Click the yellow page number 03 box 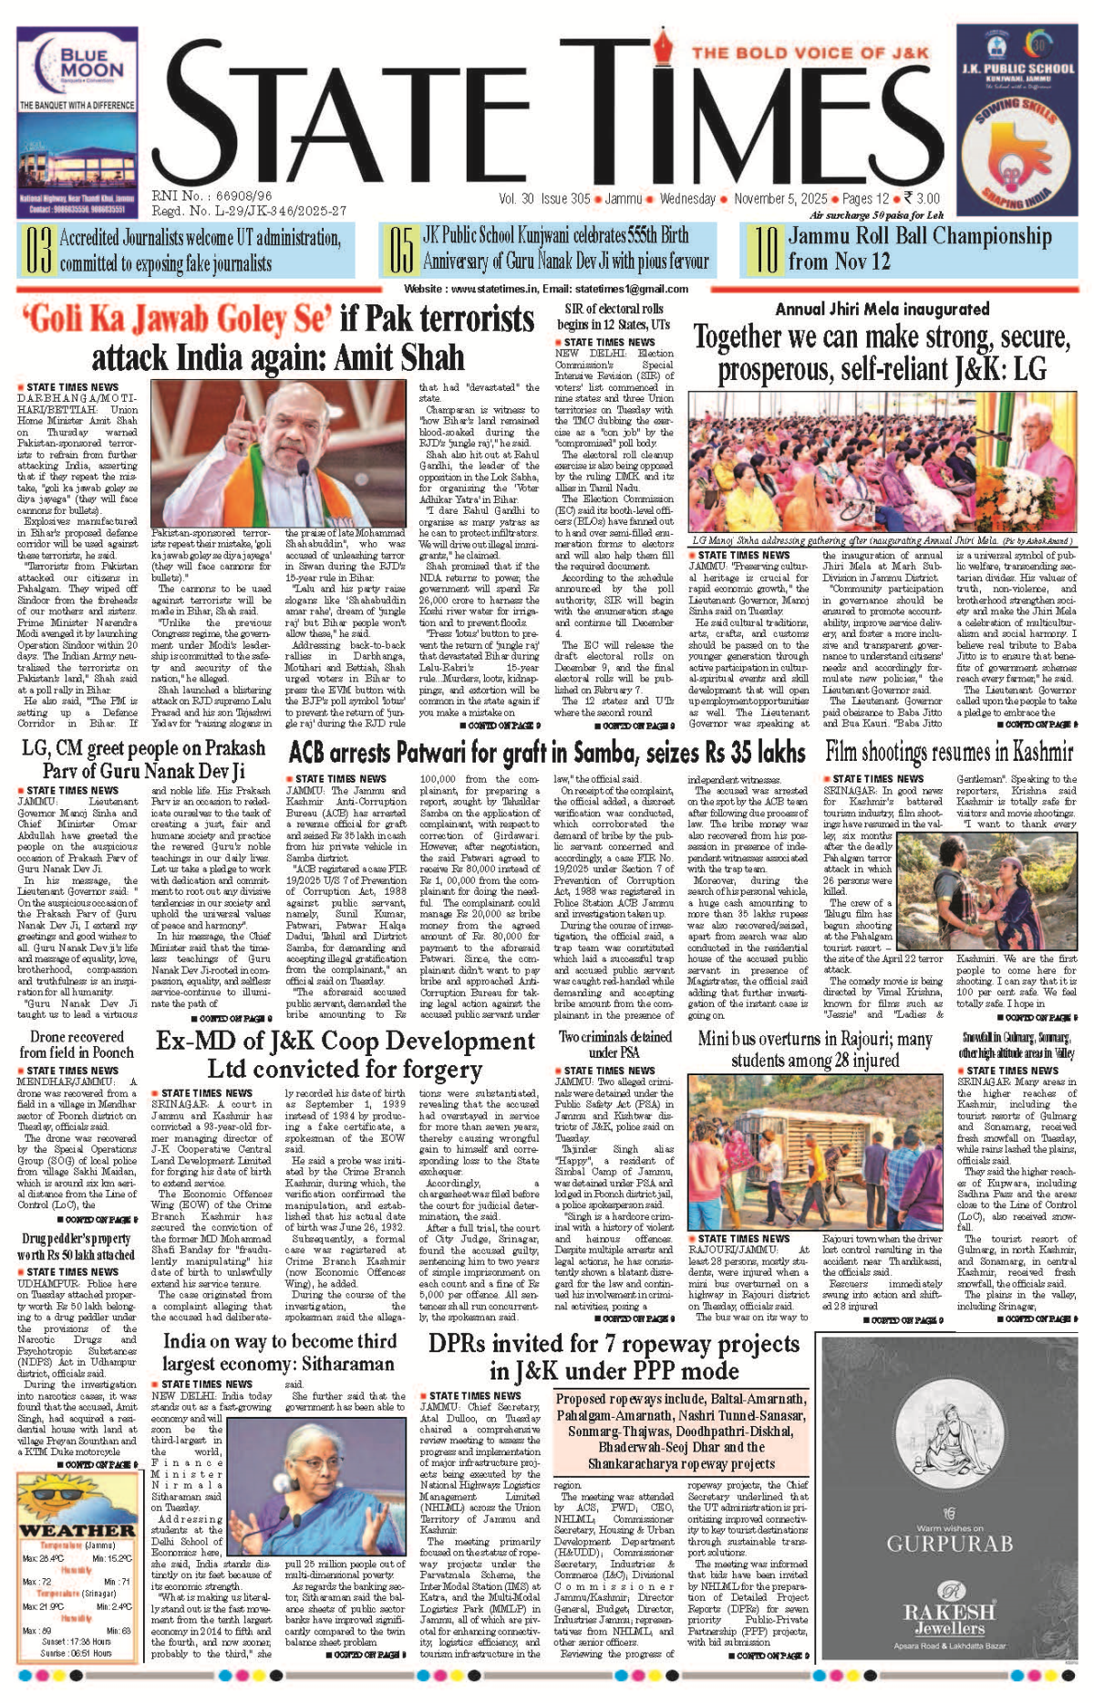pyautogui.click(x=37, y=251)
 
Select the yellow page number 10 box pyautogui.click(x=766, y=251)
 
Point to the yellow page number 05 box pyautogui.click(x=401, y=251)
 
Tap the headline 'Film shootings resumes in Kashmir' pyautogui.click(x=949, y=753)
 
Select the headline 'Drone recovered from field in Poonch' pyautogui.click(x=77, y=1044)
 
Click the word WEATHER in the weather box pyautogui.click(x=77, y=1530)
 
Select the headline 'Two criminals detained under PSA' pyautogui.click(x=615, y=1044)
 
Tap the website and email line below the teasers pyautogui.click(x=546, y=289)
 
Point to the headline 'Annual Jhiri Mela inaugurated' pyautogui.click(x=882, y=309)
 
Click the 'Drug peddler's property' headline pyautogui.click(x=77, y=1246)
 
